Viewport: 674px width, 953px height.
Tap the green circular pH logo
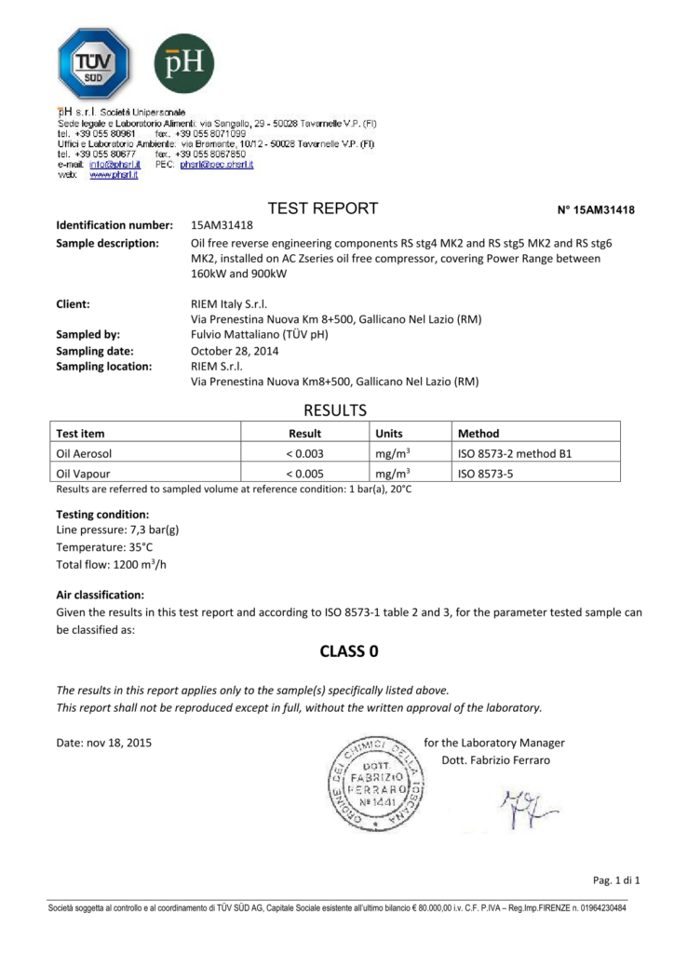pos(183,62)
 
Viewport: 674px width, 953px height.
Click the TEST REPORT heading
pos(323,208)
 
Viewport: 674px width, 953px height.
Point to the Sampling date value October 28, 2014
pos(236,351)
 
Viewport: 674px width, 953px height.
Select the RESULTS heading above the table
pos(336,410)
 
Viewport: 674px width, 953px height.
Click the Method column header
pos(479,434)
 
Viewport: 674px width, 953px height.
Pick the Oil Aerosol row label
pos(89,454)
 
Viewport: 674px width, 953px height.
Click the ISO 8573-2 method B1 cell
pos(514,454)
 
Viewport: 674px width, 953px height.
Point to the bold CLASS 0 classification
pos(336,651)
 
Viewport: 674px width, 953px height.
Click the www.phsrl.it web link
pos(114,175)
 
